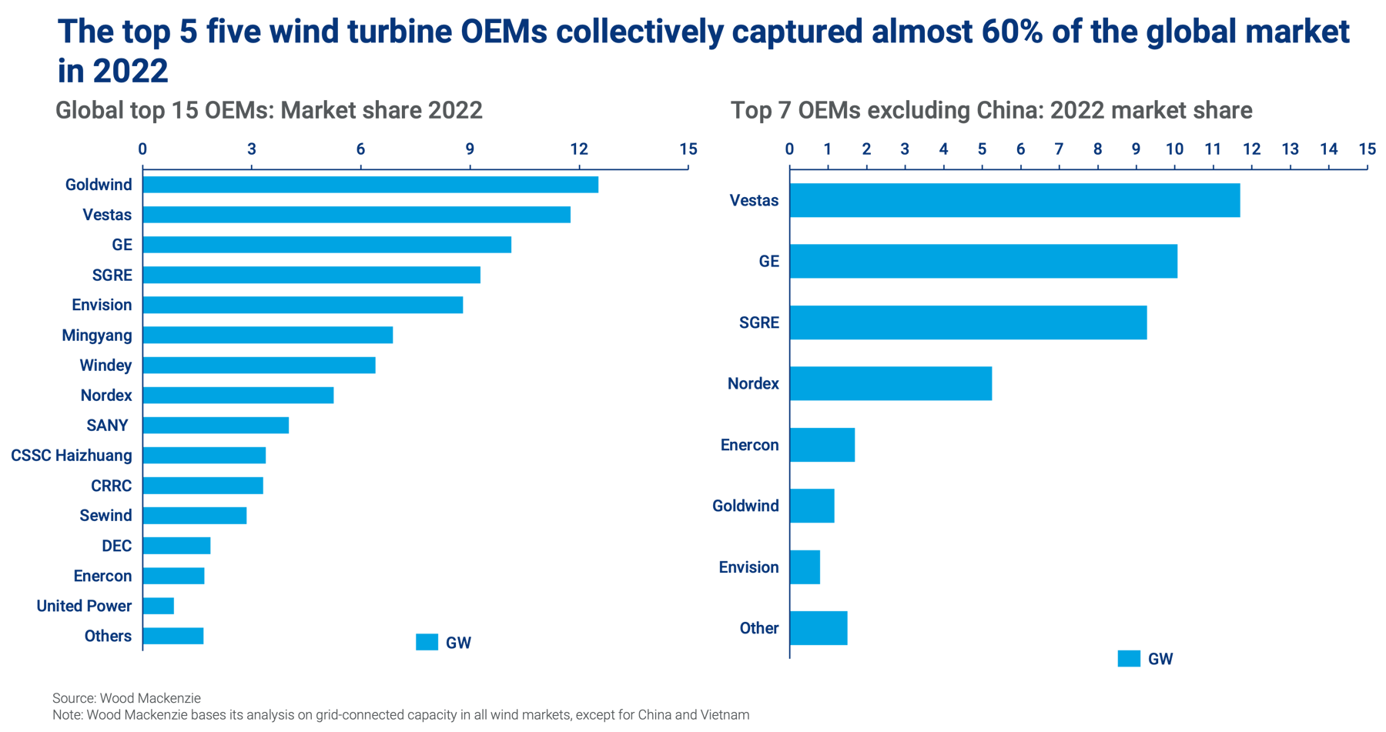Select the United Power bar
tap(159, 606)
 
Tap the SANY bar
tap(216, 425)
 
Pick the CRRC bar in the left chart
tap(204, 486)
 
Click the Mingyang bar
tap(269, 335)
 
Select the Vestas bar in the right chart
tap(1016, 200)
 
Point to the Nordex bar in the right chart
tap(892, 383)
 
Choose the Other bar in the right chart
tap(819, 628)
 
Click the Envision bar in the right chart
tap(805, 567)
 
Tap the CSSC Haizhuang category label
tap(71, 456)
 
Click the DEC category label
tap(117, 546)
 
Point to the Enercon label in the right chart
tap(749, 445)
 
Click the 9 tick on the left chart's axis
tap(470, 149)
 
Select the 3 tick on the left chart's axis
tap(252, 149)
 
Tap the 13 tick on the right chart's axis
tap(1291, 149)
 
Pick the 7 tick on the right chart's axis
tap(1060, 149)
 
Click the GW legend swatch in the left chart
tap(427, 642)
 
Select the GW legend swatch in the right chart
tap(1129, 658)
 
